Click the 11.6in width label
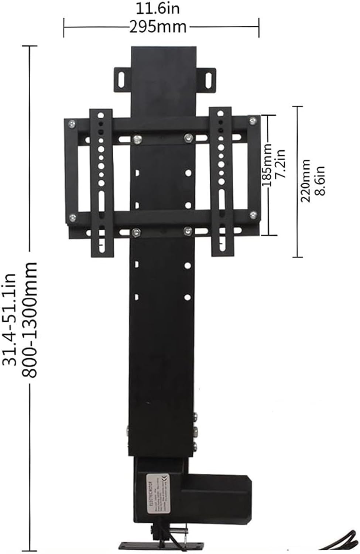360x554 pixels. tap(158, 8)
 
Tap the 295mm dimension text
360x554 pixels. tap(158, 27)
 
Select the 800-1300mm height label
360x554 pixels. tap(30, 319)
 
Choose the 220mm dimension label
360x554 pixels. tap(305, 181)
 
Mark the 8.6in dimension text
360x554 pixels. tap(319, 181)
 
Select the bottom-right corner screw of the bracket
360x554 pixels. tap(253, 214)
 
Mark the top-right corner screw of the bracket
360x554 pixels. tap(253, 120)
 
